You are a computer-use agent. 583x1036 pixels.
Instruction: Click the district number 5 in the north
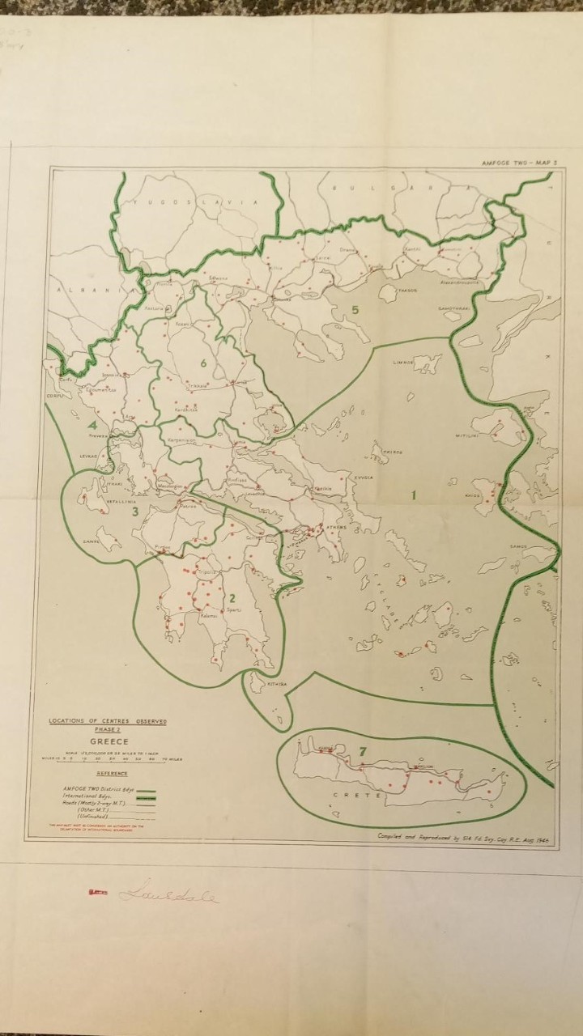click(355, 308)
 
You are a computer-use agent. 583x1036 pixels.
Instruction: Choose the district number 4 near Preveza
click(93, 426)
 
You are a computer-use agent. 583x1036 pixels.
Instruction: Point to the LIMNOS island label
click(403, 363)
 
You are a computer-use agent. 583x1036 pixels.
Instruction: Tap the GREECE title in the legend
click(107, 741)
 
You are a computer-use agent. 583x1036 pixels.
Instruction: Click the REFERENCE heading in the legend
click(107, 774)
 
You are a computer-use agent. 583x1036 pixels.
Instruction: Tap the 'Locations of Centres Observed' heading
click(107, 721)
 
